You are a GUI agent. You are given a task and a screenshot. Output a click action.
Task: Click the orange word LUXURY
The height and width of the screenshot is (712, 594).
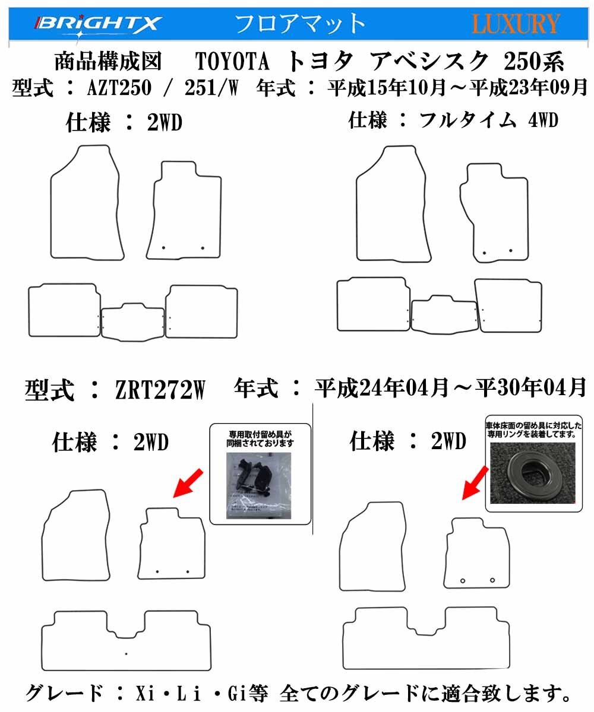pos(516,24)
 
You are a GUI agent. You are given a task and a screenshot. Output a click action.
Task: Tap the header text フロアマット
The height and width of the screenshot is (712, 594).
pos(300,24)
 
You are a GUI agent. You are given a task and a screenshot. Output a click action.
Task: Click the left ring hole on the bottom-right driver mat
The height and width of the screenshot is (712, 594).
pos(463,579)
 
